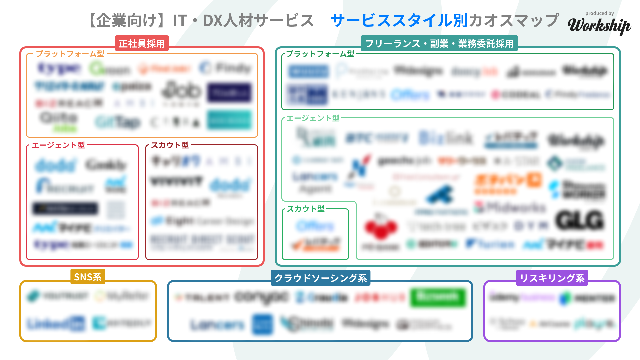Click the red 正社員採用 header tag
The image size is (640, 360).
coord(142,43)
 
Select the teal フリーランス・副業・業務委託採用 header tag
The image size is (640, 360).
coord(439,43)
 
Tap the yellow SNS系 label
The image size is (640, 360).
coord(88,277)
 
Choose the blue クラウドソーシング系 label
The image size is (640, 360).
coord(320,278)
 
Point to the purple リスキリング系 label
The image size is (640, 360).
coord(552,278)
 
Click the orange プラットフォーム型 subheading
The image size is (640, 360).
coord(70,54)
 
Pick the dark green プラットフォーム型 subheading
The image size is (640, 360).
coord(320,54)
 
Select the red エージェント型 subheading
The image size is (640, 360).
coord(58,145)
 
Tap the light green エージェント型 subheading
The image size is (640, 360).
coord(313,118)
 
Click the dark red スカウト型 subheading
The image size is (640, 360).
coord(170,145)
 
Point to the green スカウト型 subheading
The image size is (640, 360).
coord(306,209)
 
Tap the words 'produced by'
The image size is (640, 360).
coord(599,13)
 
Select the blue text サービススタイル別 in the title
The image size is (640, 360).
coord(399,20)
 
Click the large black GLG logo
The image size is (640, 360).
coord(580,220)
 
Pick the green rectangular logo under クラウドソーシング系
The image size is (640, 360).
coord(438,297)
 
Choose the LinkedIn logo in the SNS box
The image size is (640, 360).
coord(56,323)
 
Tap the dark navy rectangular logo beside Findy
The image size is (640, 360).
coord(229,92)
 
